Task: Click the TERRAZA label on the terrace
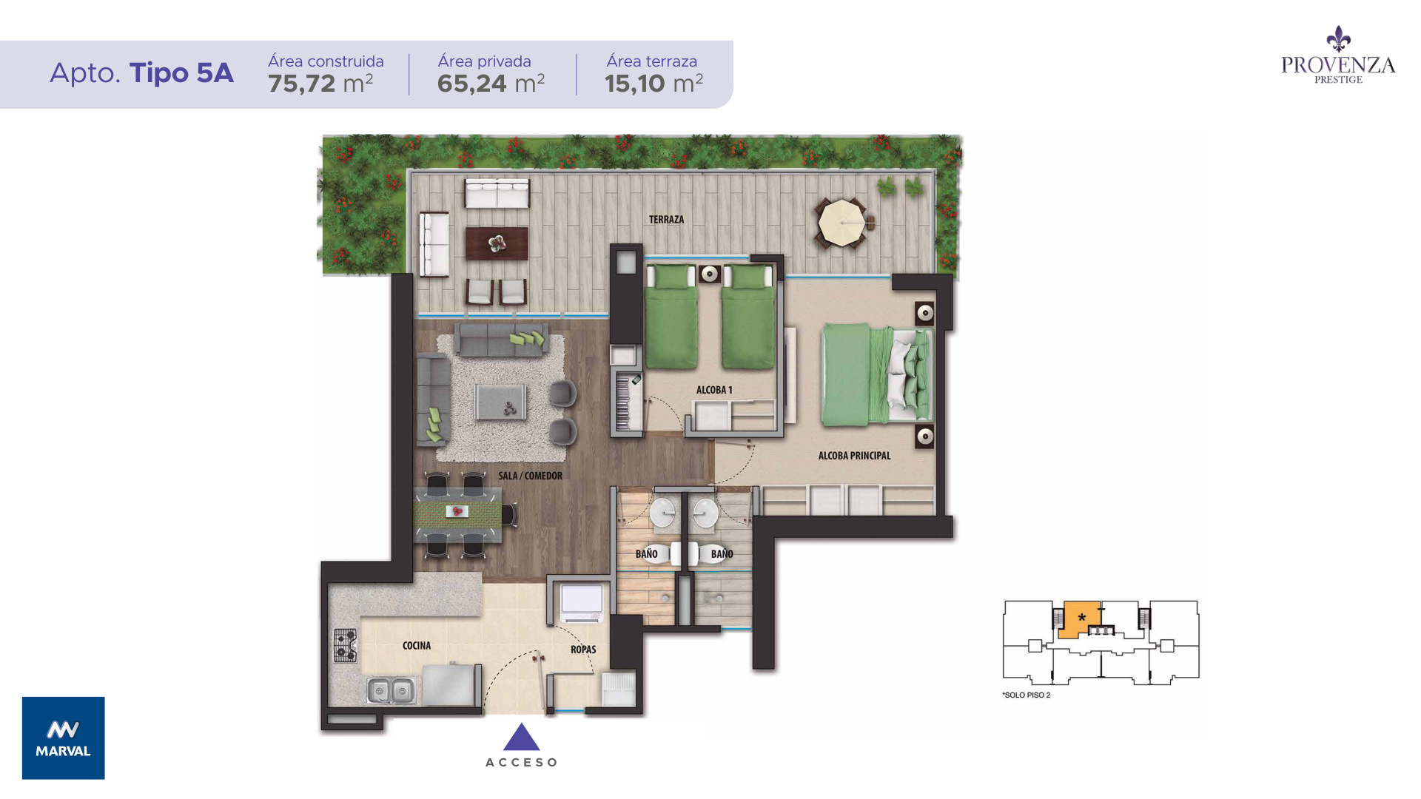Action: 666,220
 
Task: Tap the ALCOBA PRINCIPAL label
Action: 854,456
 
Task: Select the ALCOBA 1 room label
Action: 714,390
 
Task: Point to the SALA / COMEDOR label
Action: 530,476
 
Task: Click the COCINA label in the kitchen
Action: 417,646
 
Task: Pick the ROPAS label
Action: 583,650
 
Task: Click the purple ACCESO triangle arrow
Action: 522,737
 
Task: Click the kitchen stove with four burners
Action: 345,644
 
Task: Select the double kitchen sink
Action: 391,691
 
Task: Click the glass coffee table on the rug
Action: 501,402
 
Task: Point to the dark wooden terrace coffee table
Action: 497,243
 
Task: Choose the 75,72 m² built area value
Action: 320,84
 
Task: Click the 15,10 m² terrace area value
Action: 654,84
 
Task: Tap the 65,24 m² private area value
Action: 491,84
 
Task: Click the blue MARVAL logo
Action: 64,738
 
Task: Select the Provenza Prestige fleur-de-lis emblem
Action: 1338,39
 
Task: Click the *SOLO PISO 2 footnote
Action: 1027,695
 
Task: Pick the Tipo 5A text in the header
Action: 181,73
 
